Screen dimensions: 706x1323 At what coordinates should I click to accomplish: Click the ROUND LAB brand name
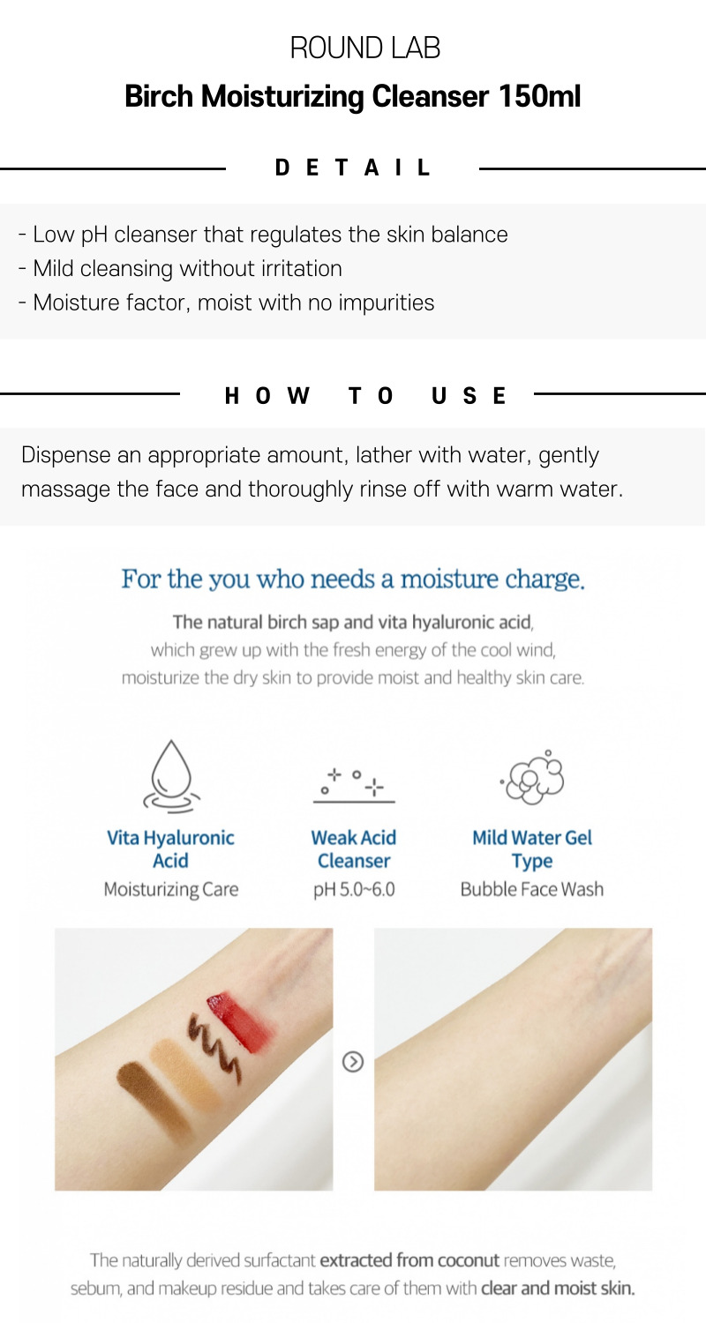click(365, 48)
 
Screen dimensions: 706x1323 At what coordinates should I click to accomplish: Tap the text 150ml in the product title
click(540, 95)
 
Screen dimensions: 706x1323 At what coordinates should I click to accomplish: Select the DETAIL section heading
click(353, 168)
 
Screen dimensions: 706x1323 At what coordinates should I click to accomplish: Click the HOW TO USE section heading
click(365, 395)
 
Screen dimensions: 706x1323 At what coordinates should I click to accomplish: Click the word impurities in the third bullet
click(387, 303)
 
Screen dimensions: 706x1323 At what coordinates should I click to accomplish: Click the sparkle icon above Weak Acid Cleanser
click(353, 785)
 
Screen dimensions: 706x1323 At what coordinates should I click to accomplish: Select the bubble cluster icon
click(532, 777)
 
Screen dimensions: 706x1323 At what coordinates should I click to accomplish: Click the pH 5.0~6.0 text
click(354, 889)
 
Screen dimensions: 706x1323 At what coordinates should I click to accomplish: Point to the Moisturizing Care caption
click(171, 889)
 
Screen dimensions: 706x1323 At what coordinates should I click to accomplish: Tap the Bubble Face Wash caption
click(532, 889)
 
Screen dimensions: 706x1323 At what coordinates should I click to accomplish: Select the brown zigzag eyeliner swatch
click(214, 1050)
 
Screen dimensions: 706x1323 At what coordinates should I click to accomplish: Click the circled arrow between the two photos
click(353, 1062)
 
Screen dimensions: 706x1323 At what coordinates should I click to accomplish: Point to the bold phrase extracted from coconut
click(409, 1260)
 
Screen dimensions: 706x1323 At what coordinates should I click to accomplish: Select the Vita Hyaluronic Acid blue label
click(170, 848)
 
